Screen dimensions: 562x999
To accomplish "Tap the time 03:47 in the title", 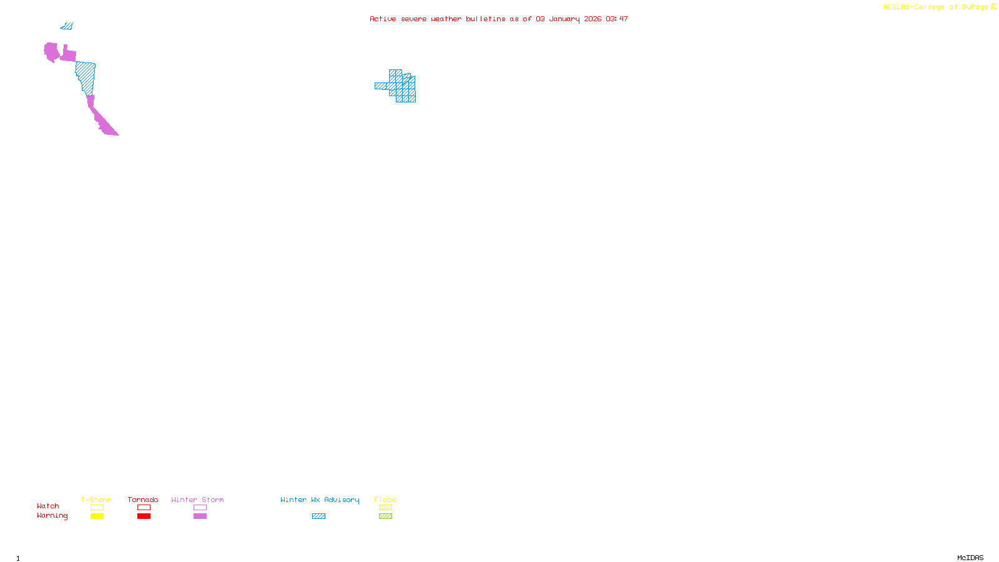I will click(x=617, y=19).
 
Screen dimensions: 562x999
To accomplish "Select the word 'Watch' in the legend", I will click(x=48, y=506).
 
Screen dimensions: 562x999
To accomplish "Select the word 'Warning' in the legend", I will click(x=52, y=516).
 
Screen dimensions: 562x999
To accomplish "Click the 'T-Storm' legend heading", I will click(x=96, y=500).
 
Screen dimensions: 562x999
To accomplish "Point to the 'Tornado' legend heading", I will click(x=143, y=500).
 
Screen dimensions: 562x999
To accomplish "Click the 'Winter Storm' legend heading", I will click(x=197, y=500).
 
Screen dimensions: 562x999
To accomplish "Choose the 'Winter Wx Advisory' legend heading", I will click(x=320, y=500).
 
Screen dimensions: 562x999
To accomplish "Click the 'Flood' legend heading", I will click(x=385, y=500).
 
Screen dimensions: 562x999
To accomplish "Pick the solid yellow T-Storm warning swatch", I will click(x=97, y=516).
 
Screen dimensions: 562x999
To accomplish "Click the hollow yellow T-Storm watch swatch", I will click(x=97, y=508).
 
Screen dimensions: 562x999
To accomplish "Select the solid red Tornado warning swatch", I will click(x=144, y=516).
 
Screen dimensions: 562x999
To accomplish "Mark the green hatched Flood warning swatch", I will click(x=386, y=516).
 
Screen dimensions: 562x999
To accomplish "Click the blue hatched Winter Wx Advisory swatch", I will click(x=318, y=516).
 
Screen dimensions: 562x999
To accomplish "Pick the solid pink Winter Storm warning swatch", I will click(x=200, y=516).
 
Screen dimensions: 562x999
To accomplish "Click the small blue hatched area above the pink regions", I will click(x=67, y=26).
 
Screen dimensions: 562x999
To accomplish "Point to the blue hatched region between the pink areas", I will click(x=86, y=76).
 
